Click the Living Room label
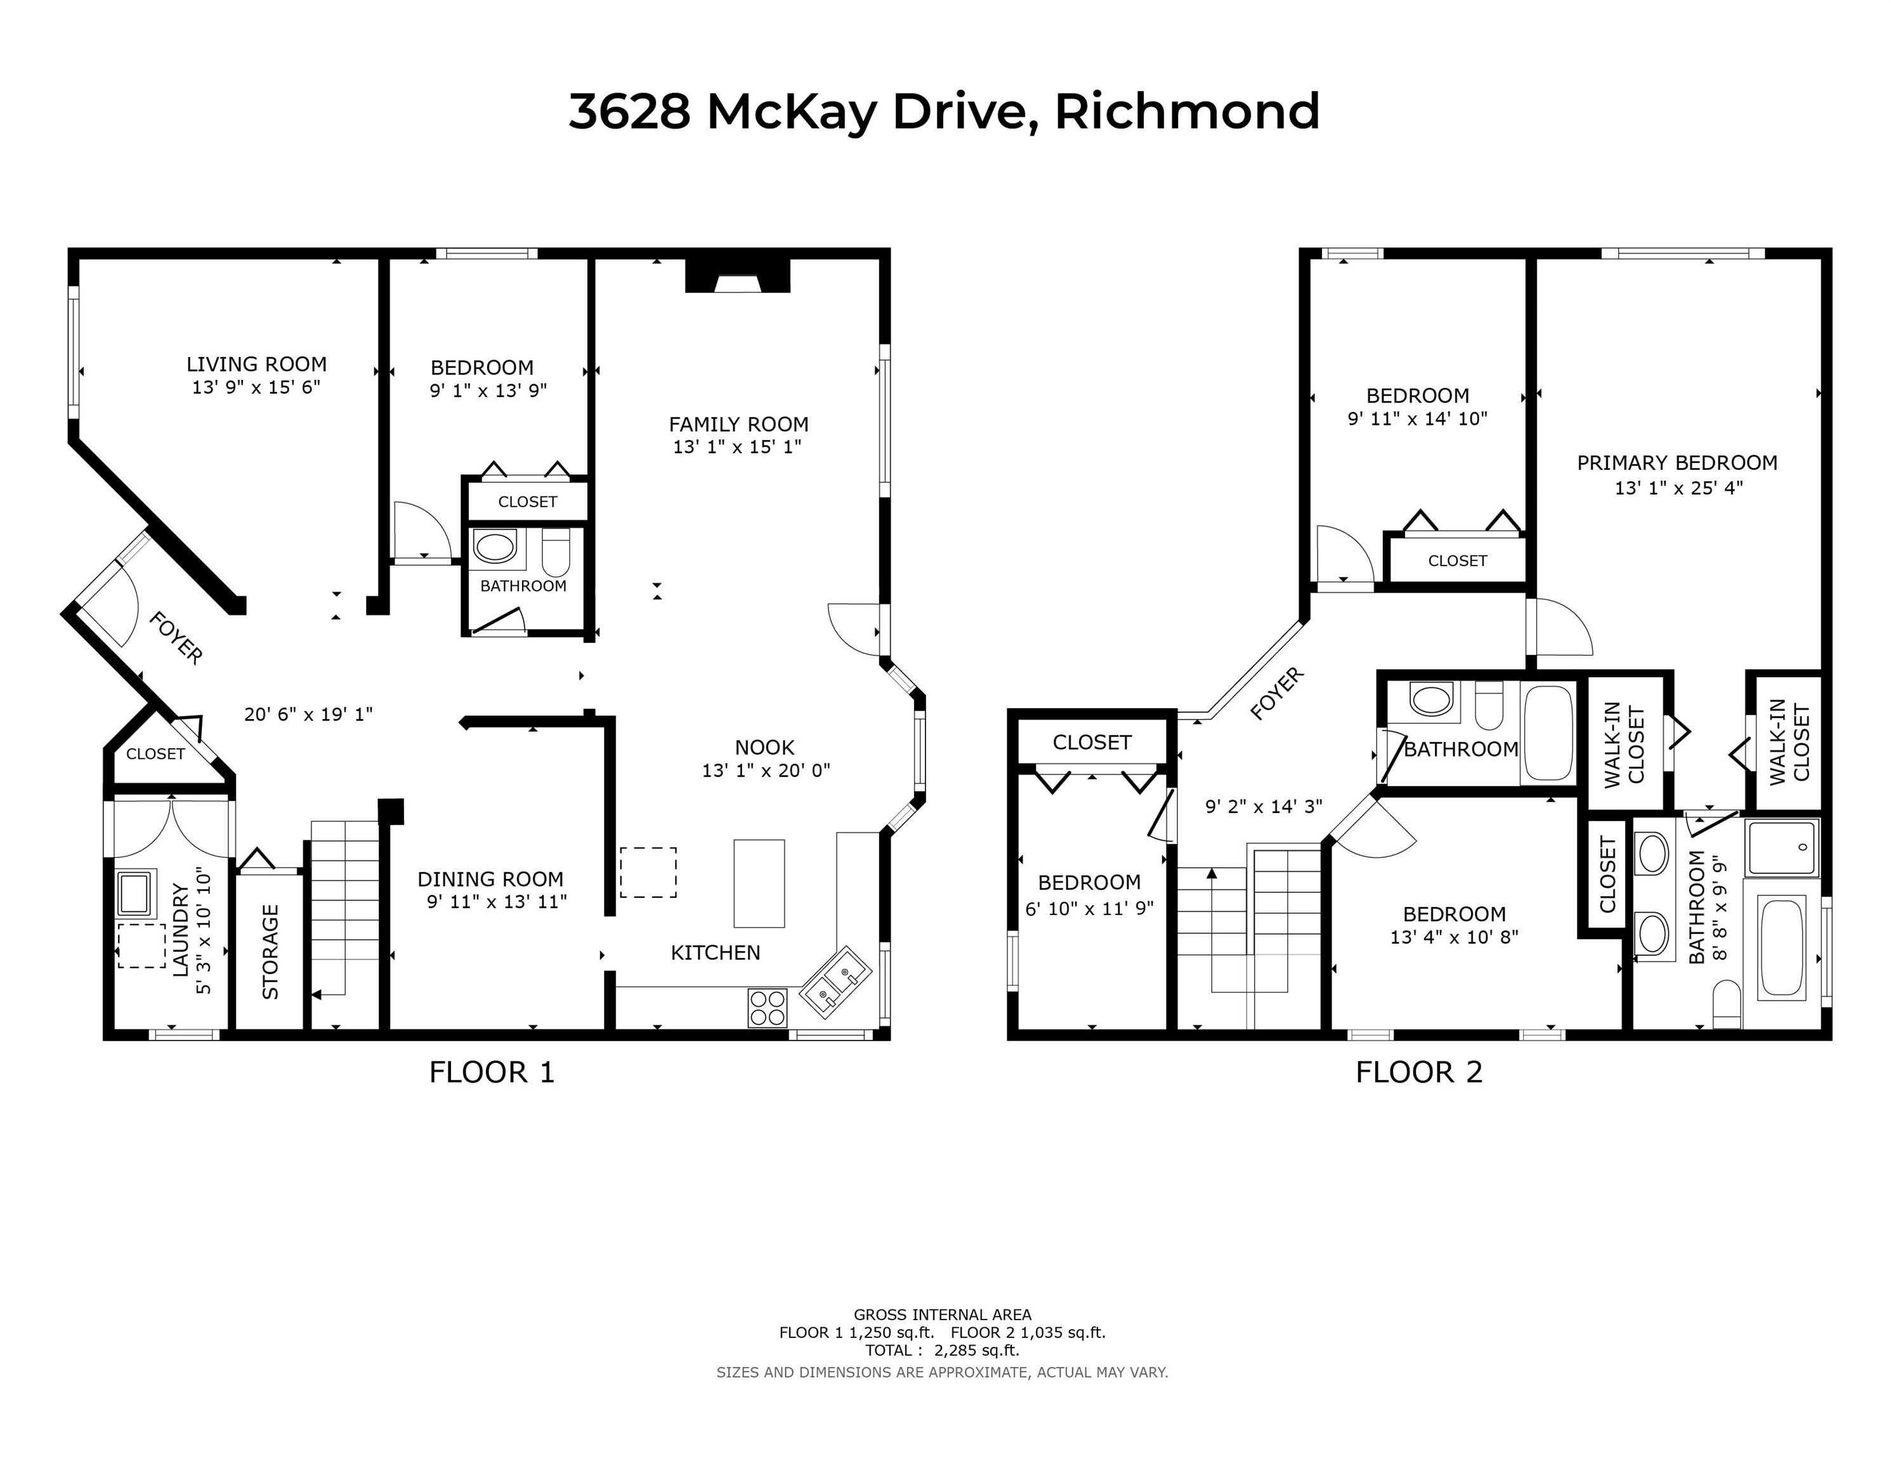(x=256, y=365)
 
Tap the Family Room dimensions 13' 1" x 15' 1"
(x=738, y=446)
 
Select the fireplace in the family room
(x=738, y=276)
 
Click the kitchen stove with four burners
(x=767, y=1008)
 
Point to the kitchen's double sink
(x=835, y=982)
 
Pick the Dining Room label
(x=490, y=880)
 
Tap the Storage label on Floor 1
(x=270, y=952)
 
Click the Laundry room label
(x=181, y=930)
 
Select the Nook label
(x=764, y=748)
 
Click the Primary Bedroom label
(x=1677, y=463)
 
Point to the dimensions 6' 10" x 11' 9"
(x=1089, y=908)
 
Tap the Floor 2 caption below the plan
(x=1419, y=1072)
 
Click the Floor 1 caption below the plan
(x=492, y=1072)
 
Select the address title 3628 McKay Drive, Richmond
(x=944, y=112)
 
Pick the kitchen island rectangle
(x=759, y=883)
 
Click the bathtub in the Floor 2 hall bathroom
(x=1547, y=732)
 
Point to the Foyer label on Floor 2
(x=1277, y=693)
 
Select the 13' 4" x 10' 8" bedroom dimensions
(x=1455, y=937)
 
